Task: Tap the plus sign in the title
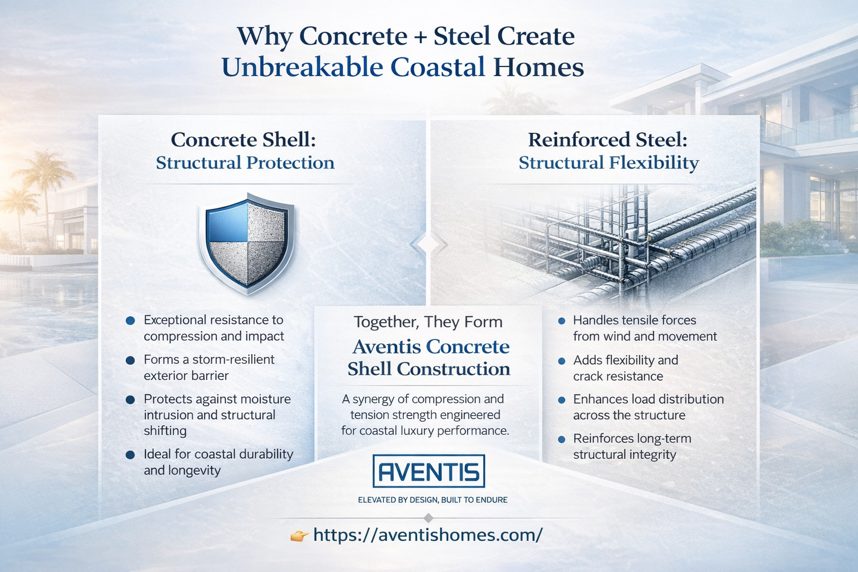point(421,37)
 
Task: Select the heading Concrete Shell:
point(244,140)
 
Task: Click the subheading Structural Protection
point(245,163)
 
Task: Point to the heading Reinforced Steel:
point(608,140)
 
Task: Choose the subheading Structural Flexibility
point(609,163)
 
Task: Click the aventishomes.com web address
point(427,535)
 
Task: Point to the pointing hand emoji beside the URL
point(299,536)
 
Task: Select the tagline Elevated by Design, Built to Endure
point(432,500)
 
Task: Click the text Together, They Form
point(428,322)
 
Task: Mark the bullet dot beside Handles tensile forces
point(561,321)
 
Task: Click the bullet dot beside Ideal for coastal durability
point(130,455)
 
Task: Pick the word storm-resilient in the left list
point(233,360)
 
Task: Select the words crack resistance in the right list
point(618,376)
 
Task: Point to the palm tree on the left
point(45,173)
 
